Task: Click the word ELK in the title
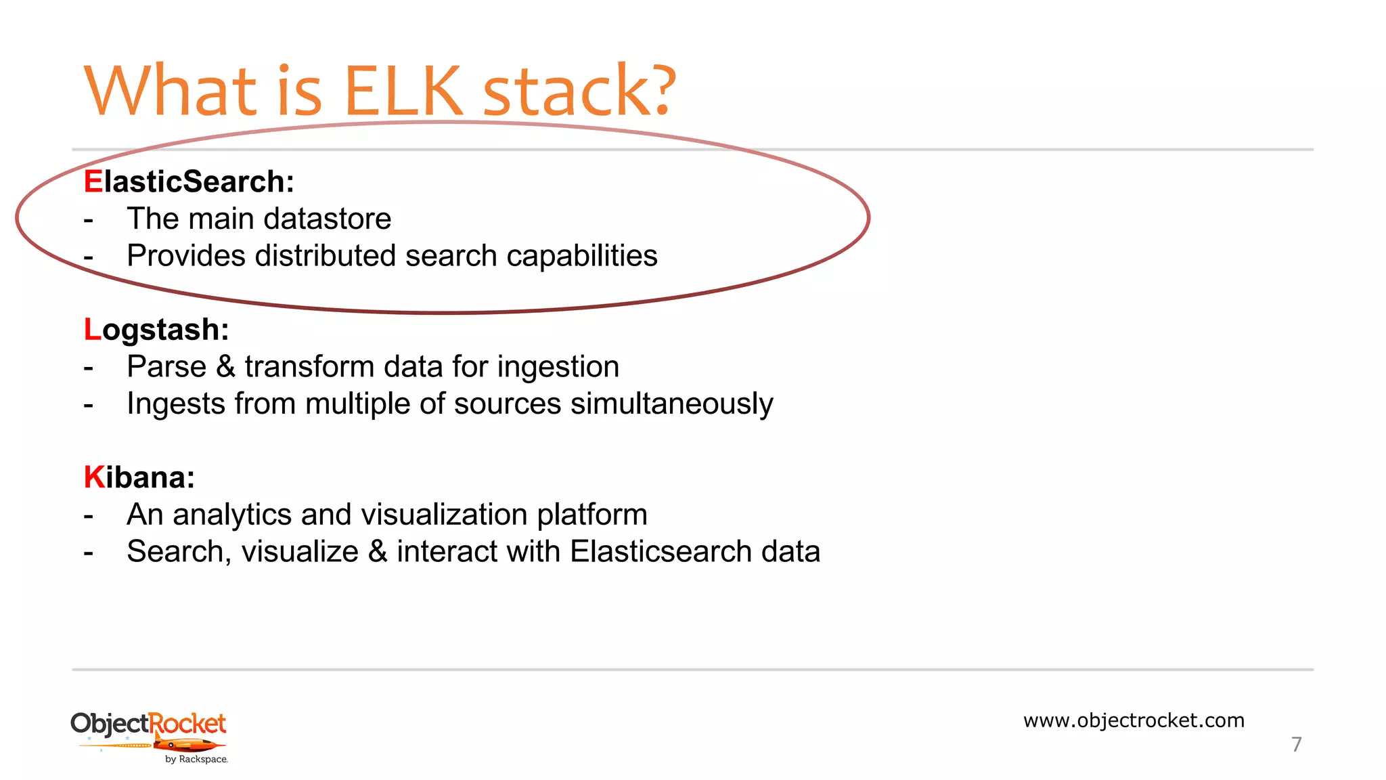tap(403, 91)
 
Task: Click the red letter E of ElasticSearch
tap(93, 181)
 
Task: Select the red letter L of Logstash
tap(92, 330)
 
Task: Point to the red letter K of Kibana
tap(93, 477)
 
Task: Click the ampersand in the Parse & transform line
tap(225, 366)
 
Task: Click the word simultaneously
tap(671, 404)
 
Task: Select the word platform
tap(592, 515)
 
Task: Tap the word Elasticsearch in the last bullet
tap(661, 551)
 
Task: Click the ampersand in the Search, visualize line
tap(378, 551)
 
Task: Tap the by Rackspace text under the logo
tap(196, 760)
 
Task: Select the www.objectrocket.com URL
tap(1134, 720)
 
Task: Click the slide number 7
tap(1296, 744)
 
